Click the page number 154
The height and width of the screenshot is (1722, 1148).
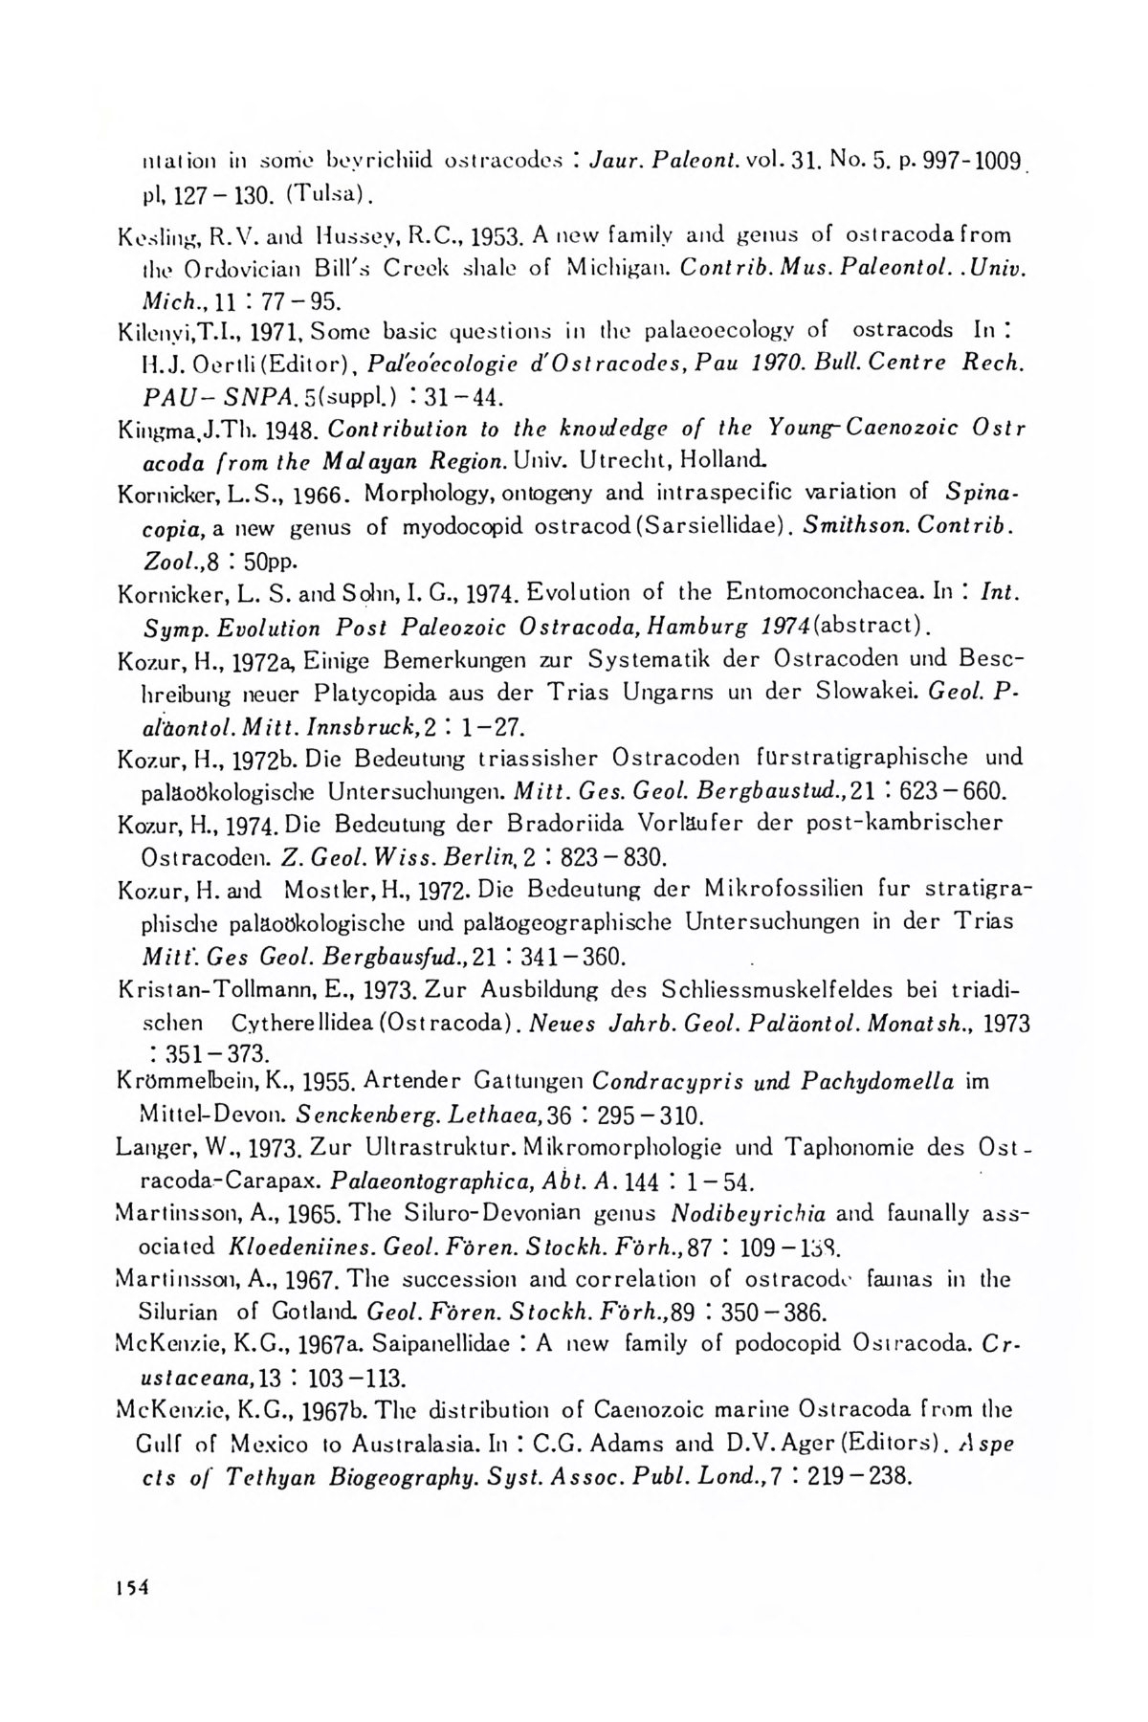pyautogui.click(x=126, y=1586)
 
